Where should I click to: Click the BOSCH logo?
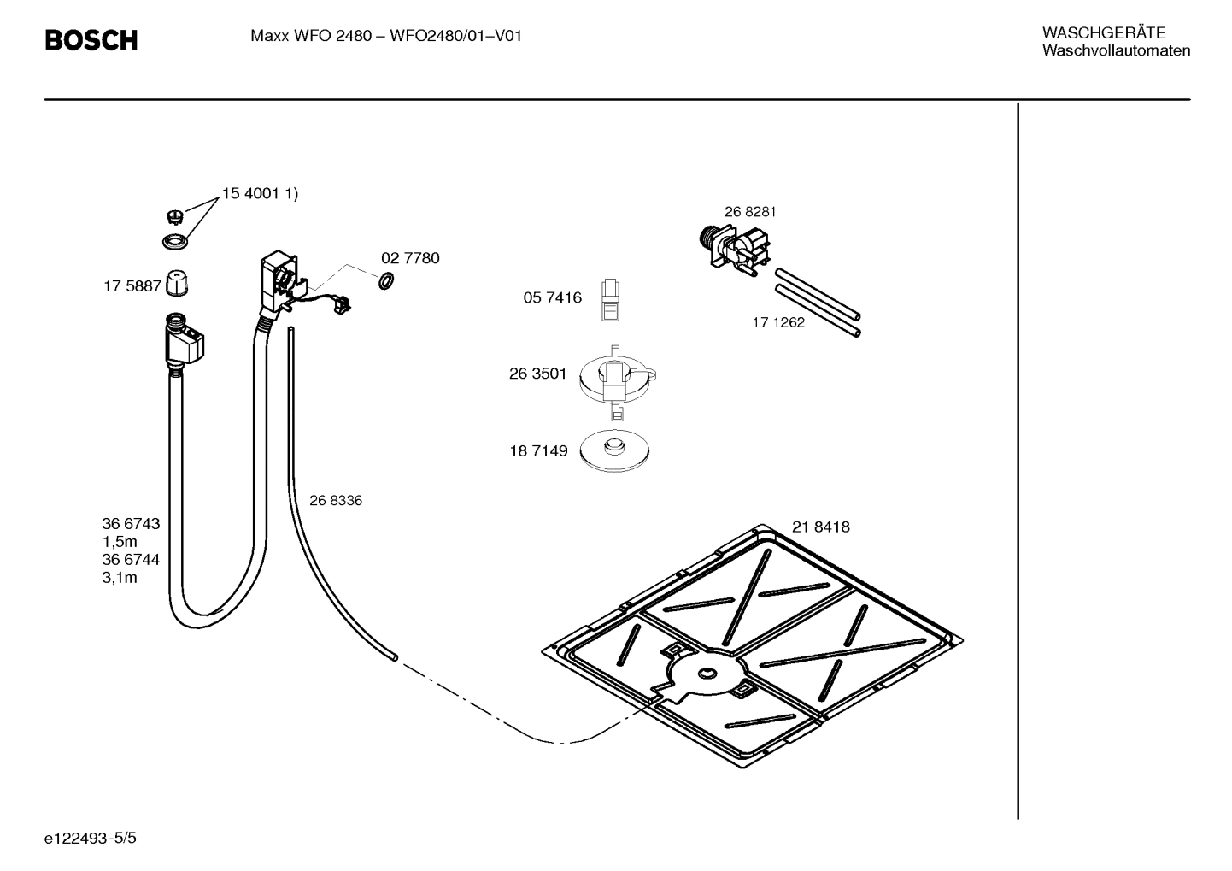[91, 39]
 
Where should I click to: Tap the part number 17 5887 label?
[132, 286]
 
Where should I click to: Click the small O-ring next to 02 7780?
[385, 280]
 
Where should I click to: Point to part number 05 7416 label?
[552, 297]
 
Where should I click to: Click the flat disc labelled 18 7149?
[613, 450]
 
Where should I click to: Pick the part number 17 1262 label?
[778, 323]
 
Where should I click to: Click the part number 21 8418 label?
[820, 527]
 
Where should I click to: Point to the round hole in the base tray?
[706, 674]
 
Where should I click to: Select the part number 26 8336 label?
[335, 501]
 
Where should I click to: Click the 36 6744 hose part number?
[131, 560]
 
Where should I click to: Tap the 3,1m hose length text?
[120, 578]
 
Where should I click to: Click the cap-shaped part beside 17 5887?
[177, 283]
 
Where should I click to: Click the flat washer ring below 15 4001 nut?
[176, 242]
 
